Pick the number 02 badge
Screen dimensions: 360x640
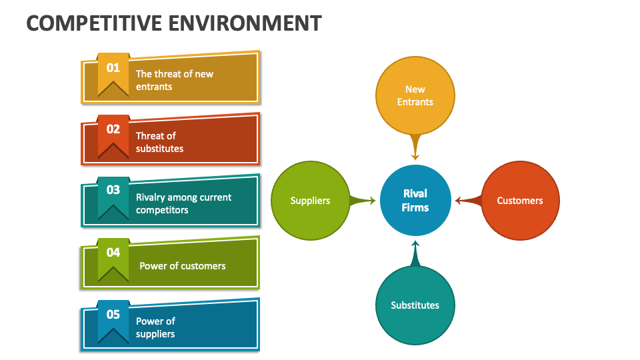pos(113,130)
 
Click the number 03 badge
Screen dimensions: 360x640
pos(113,191)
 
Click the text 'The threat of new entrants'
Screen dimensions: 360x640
pos(175,80)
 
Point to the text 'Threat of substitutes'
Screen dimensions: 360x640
pos(159,142)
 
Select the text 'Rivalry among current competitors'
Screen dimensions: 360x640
pos(183,203)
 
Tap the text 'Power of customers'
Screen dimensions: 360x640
pos(182,265)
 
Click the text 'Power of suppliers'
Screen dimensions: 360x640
pos(155,327)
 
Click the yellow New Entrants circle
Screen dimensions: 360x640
pos(415,95)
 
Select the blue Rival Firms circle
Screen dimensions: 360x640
pos(415,201)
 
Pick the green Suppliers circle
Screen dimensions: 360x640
pos(310,200)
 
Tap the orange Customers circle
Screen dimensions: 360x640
pos(520,200)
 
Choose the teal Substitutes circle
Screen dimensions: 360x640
pos(415,305)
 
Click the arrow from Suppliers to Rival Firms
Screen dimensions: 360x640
pos(362,200)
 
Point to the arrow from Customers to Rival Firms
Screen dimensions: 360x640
pos(468,200)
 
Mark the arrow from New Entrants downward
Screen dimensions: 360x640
pos(415,147)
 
